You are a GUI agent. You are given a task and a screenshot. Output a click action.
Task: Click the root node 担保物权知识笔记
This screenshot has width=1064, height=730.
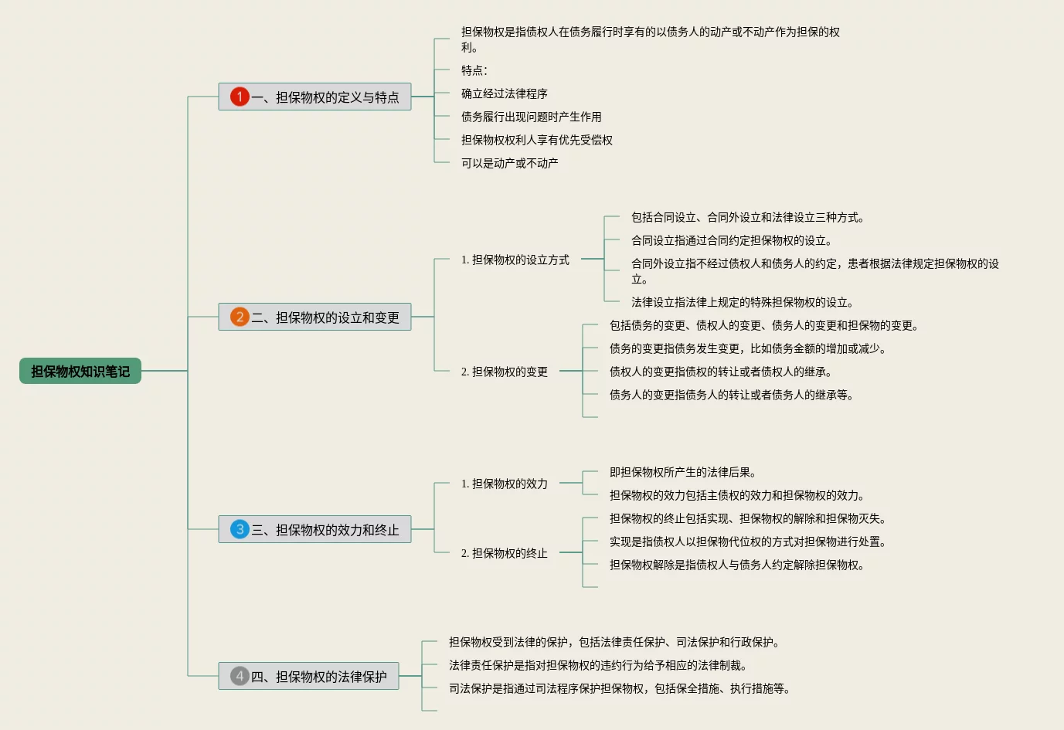(80, 372)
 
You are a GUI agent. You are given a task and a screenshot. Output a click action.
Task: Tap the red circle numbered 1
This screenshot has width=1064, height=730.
(240, 97)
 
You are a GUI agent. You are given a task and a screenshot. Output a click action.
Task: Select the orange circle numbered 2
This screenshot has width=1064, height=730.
(240, 317)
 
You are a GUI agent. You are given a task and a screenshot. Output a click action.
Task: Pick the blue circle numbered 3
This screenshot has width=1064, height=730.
(240, 529)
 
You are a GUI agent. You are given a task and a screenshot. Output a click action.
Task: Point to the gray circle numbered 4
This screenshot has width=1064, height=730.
(240, 676)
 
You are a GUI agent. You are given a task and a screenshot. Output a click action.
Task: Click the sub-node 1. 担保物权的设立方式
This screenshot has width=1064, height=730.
(515, 260)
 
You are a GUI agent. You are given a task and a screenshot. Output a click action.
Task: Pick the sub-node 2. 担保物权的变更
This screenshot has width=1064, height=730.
(505, 372)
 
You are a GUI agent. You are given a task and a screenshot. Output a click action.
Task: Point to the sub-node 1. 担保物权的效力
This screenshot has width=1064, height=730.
(505, 484)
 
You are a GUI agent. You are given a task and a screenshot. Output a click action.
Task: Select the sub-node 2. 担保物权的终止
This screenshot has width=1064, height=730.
(505, 553)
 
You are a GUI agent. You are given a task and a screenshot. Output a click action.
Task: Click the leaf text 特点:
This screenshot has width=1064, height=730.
(474, 70)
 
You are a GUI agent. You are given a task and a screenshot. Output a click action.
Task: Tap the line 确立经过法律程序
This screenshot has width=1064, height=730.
(505, 93)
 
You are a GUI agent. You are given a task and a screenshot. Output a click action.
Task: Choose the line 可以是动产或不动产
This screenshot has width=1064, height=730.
(510, 163)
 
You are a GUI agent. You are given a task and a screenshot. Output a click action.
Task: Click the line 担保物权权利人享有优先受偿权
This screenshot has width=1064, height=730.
(537, 140)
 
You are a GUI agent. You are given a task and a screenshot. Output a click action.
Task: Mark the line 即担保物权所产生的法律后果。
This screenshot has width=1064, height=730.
(683, 472)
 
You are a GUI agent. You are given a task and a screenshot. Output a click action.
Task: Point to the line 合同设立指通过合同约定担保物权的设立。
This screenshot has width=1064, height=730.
(732, 240)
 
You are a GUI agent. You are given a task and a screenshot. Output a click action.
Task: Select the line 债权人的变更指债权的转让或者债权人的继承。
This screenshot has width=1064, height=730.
(721, 372)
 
